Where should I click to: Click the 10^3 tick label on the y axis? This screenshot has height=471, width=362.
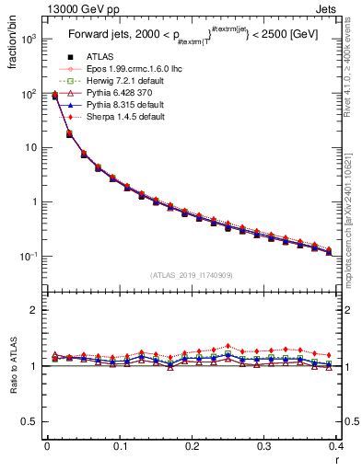point(28,40)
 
